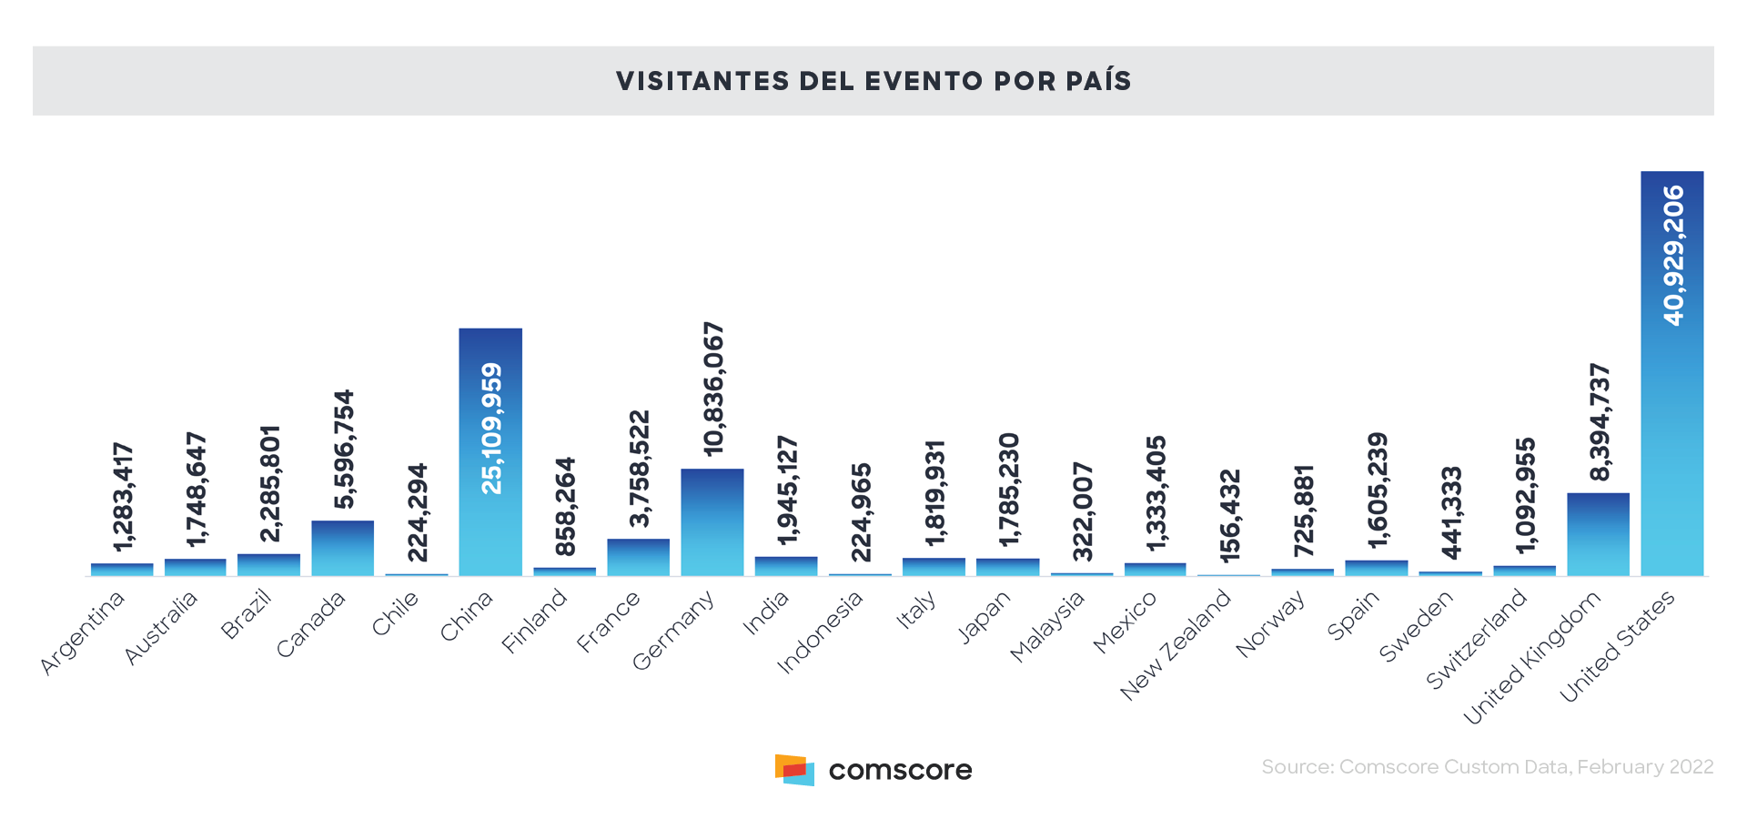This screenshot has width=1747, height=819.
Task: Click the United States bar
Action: click(x=1671, y=373)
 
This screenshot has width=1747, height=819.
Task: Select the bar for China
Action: click(x=490, y=452)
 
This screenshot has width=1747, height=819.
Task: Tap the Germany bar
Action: click(x=712, y=522)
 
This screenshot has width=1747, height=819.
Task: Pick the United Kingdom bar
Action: click(x=1598, y=534)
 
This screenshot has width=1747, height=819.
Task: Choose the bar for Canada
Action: click(x=342, y=548)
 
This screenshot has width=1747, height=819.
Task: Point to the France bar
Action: click(x=638, y=557)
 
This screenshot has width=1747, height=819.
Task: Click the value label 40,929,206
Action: click(x=1672, y=256)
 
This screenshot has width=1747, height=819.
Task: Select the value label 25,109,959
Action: click(x=491, y=429)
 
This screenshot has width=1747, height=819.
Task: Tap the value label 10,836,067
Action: click(x=713, y=389)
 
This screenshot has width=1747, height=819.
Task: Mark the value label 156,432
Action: click(x=1229, y=515)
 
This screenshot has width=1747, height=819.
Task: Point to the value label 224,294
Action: click(x=417, y=513)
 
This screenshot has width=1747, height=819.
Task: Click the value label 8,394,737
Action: click(x=1599, y=422)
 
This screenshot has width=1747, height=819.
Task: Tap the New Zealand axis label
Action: click(x=1176, y=644)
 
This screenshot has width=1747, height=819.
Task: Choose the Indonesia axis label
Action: click(x=820, y=632)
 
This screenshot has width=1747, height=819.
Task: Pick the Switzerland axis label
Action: click(x=1476, y=638)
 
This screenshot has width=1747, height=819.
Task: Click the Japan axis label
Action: click(x=985, y=616)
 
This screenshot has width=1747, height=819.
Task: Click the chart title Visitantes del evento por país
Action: click(x=873, y=81)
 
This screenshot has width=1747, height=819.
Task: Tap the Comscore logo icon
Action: click(x=794, y=770)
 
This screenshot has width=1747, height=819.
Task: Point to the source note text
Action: click(x=1487, y=767)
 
